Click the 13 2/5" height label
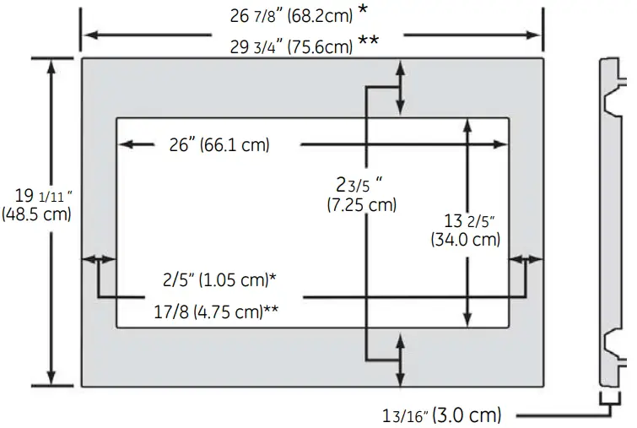469,221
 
